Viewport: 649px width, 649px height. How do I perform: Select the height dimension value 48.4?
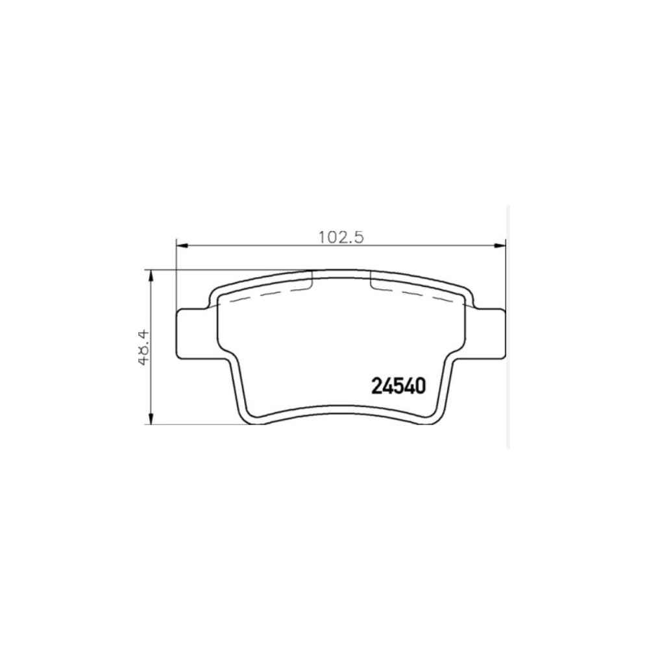(144, 348)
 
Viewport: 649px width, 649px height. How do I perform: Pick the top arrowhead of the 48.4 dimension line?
(151, 276)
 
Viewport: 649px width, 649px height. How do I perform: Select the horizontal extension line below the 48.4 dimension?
(195, 425)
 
